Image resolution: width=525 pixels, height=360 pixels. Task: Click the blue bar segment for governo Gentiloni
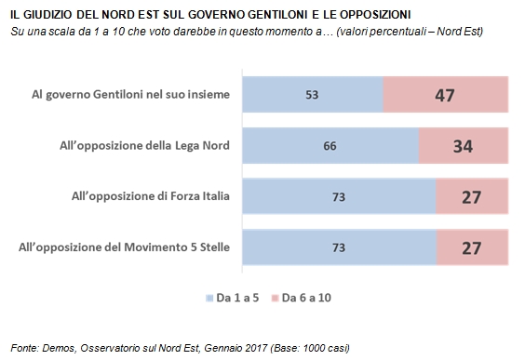313,94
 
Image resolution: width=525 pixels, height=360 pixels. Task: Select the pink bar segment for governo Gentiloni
446,94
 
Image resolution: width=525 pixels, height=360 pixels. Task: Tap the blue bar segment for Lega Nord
330,145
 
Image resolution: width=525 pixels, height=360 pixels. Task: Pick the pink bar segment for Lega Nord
464,145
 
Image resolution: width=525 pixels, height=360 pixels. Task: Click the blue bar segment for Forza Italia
339,196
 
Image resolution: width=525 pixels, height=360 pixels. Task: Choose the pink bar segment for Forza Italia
472,196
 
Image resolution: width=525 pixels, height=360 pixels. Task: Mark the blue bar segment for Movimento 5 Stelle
340,247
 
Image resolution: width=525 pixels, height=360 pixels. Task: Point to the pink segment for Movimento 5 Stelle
473,247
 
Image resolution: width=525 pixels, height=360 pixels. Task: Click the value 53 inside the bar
312,95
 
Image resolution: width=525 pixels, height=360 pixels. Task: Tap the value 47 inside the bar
445,96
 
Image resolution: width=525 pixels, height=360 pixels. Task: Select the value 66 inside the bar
330,146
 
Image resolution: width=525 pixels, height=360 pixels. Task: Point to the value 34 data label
463,147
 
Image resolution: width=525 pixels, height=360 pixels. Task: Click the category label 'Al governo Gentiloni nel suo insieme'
131,95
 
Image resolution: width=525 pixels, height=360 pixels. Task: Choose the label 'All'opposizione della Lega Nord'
144,146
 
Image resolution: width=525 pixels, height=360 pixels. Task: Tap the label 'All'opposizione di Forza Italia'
151,196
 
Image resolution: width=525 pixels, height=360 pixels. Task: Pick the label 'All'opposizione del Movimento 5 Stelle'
124,247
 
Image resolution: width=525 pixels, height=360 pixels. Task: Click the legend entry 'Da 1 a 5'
233,298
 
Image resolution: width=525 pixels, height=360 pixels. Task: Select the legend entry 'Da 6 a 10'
302,298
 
